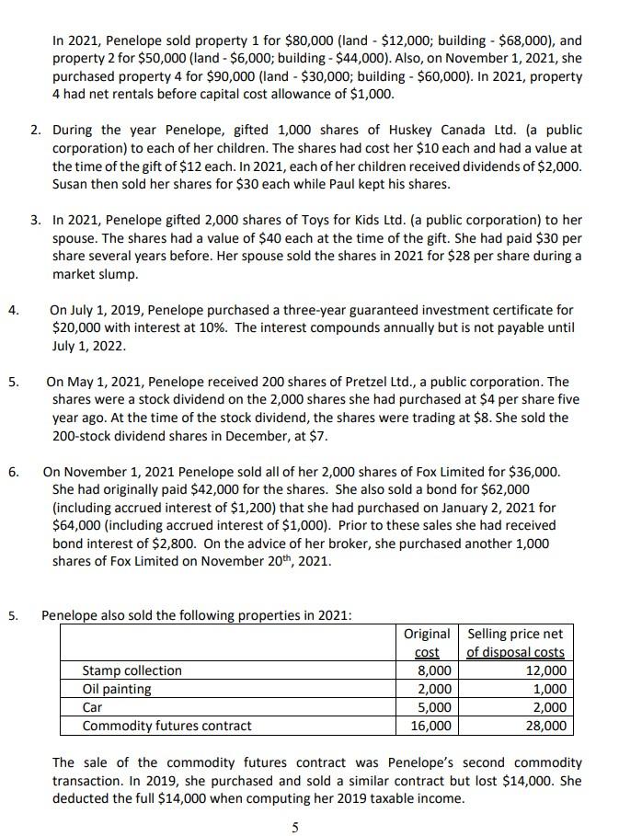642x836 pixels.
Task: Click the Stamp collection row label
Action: click(x=132, y=670)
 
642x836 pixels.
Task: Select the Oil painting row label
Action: click(x=117, y=689)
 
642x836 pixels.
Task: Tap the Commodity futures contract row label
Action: click(x=166, y=726)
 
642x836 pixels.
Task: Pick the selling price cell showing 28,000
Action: click(x=547, y=726)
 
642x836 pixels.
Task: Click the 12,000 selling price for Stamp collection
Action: click(x=547, y=670)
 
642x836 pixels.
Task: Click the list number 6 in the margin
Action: click(x=14, y=472)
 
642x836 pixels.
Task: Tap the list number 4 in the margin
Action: click(x=14, y=310)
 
